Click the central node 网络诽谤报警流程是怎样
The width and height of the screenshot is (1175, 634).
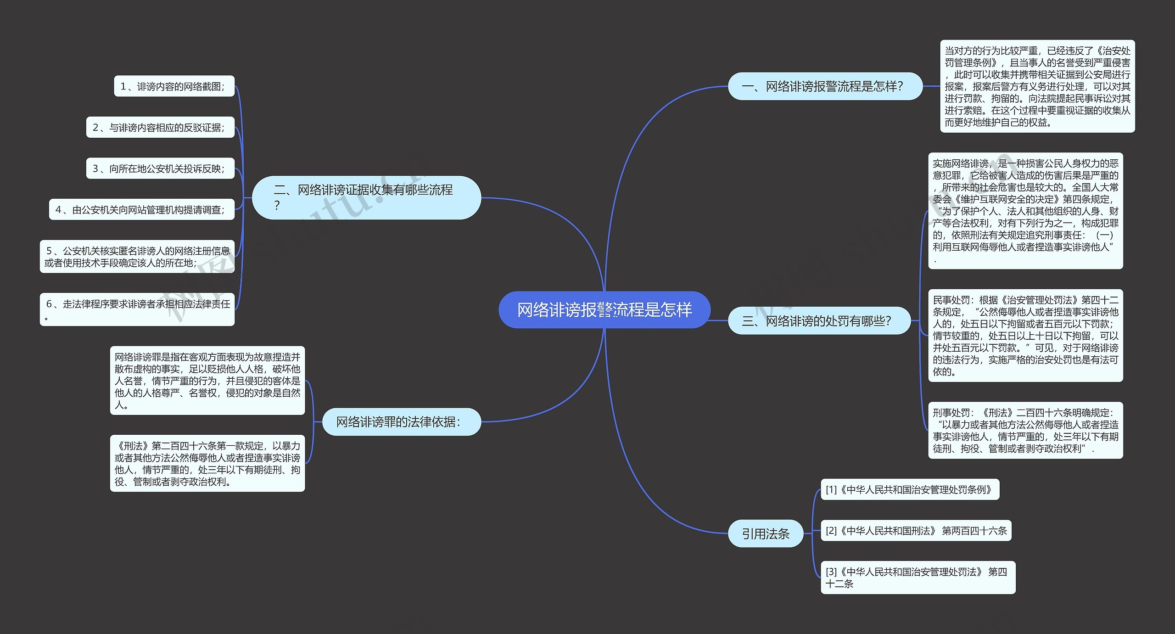(x=604, y=310)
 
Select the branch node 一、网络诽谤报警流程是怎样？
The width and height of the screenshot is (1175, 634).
(x=825, y=86)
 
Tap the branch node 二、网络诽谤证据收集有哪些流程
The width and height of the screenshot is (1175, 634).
(x=366, y=197)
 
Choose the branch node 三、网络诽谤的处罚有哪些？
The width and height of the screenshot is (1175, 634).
(x=819, y=320)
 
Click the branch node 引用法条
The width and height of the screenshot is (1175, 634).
(x=765, y=533)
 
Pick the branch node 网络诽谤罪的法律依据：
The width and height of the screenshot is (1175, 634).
(x=401, y=421)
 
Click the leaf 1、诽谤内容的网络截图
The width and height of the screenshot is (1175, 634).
(x=174, y=86)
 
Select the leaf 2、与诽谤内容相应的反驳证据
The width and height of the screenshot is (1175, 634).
(x=160, y=127)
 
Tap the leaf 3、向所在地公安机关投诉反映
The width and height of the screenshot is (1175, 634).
(x=160, y=168)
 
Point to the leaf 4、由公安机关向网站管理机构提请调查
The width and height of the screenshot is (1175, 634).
(x=141, y=210)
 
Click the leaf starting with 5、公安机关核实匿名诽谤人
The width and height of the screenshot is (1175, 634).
(x=137, y=257)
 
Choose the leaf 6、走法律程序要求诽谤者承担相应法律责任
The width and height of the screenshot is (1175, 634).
(x=137, y=309)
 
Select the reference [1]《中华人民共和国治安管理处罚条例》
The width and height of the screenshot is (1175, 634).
(x=909, y=490)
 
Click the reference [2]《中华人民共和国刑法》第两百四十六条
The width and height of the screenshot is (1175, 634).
(x=916, y=531)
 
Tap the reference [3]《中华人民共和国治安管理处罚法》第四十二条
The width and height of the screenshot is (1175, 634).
(x=918, y=578)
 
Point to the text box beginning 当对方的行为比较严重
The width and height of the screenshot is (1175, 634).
(x=1037, y=86)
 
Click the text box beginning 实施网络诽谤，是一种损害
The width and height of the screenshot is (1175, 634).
(x=1025, y=211)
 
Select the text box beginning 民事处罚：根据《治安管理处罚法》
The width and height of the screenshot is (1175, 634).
(x=1025, y=336)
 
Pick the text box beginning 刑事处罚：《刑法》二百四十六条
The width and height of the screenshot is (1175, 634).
(x=1025, y=431)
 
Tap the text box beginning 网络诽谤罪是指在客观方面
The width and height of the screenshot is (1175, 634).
(x=207, y=381)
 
